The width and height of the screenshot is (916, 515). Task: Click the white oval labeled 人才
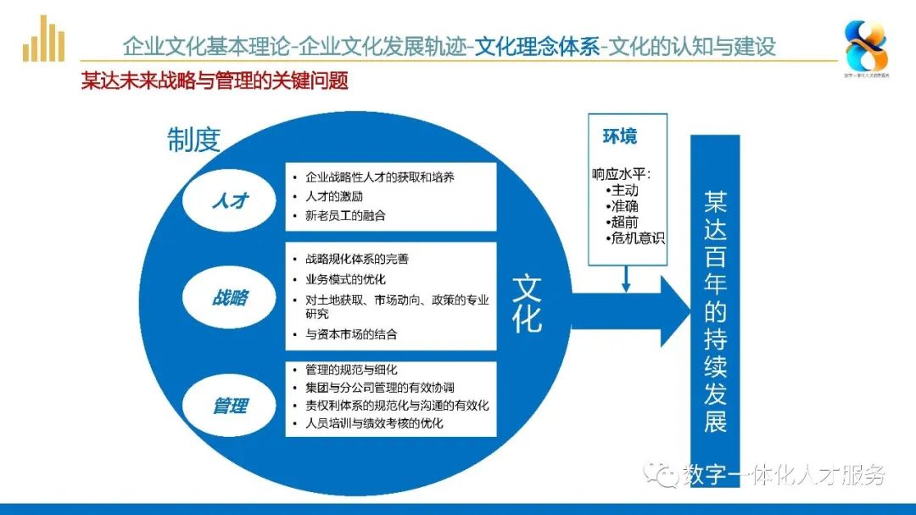[x=229, y=200]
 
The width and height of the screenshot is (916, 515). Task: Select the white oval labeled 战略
[x=229, y=298]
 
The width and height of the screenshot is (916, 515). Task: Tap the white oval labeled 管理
[x=229, y=406]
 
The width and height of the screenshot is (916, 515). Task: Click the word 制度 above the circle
[x=193, y=140]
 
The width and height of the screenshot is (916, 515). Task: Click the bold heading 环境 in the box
[x=620, y=137]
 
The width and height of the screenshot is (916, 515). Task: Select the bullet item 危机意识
[x=638, y=238]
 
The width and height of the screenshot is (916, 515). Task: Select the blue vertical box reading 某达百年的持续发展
[x=715, y=310]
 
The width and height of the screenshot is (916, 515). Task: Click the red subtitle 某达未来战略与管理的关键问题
[x=215, y=81]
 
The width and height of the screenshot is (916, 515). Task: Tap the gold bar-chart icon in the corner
[x=44, y=41]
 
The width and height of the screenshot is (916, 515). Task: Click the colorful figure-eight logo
[x=865, y=47]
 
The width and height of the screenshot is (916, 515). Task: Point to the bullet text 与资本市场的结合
[x=351, y=334]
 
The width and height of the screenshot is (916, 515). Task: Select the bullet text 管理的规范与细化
[x=351, y=370]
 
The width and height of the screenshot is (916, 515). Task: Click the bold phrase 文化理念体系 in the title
[x=537, y=46]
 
